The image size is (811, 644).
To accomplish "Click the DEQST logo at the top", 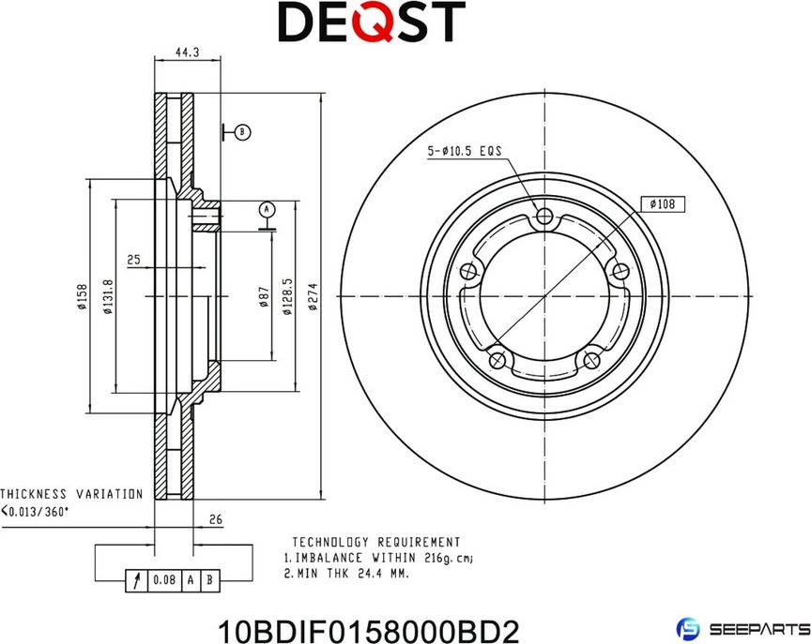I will (x=372, y=22).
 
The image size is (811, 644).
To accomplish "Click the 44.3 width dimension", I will (x=187, y=53).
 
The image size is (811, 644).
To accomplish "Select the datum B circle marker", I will (x=242, y=132).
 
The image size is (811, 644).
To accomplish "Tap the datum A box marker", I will (x=266, y=208).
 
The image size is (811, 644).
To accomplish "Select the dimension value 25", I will (x=134, y=259).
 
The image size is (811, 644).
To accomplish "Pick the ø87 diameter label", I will (x=264, y=297).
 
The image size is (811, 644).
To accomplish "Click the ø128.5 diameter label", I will (x=286, y=297).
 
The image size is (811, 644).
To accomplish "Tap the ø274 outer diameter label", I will (x=314, y=299).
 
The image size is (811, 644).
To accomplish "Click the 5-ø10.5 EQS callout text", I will (x=465, y=150).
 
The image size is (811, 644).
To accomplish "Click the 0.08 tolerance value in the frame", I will (x=163, y=580).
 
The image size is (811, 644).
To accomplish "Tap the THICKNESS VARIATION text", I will (x=71, y=493).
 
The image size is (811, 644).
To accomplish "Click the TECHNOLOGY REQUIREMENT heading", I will (x=375, y=542).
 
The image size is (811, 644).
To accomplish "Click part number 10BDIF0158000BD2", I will (x=368, y=629).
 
